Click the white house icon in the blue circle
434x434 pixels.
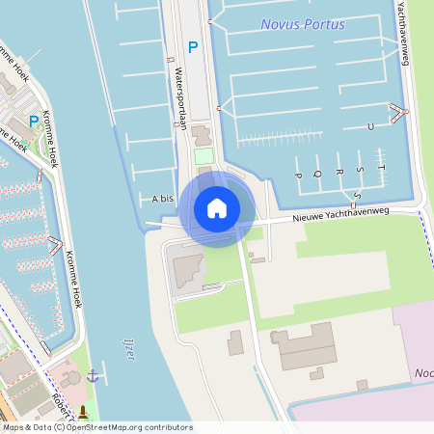[x=217, y=208]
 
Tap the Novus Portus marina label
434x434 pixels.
[x=302, y=24]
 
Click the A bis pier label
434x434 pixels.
[x=162, y=199]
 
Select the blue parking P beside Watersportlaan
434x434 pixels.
[x=193, y=46]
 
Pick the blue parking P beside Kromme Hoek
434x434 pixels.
[x=34, y=122]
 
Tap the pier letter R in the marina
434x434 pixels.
[x=338, y=172]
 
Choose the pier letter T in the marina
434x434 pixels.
[x=382, y=168]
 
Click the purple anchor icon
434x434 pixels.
[x=93, y=375]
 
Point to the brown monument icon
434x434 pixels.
[x=81, y=413]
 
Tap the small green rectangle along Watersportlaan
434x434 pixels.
[x=203, y=155]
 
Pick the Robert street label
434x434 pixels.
[x=60, y=406]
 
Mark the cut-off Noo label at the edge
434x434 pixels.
[x=422, y=371]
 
